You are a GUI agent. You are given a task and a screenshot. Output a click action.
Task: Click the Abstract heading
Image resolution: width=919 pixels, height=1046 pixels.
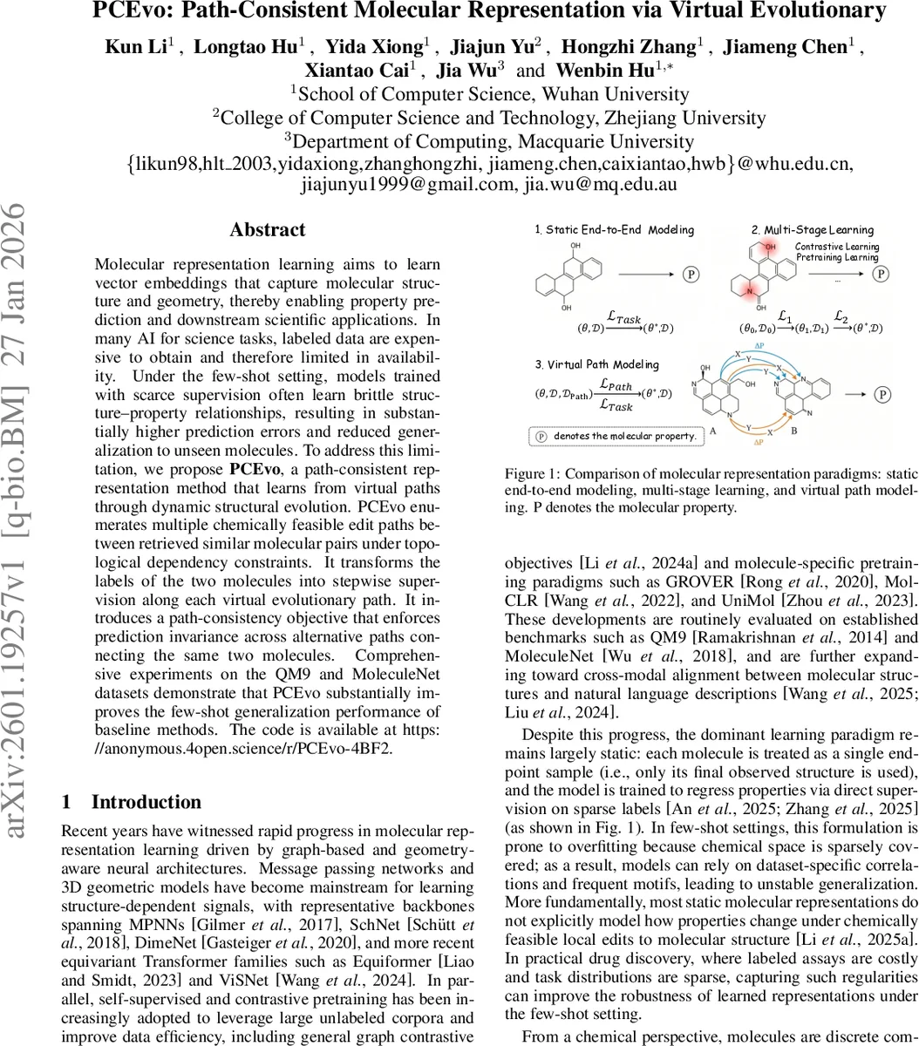click(267, 230)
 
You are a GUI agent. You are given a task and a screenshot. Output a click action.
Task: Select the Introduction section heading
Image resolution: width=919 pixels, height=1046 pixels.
click(146, 802)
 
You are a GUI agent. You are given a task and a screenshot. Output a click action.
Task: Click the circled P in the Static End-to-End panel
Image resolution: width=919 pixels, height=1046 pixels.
click(690, 274)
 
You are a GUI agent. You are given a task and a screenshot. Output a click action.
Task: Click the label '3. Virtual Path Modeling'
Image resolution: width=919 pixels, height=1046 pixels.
click(596, 364)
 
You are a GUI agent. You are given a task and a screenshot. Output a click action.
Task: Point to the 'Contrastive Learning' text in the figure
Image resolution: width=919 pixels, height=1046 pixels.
click(837, 247)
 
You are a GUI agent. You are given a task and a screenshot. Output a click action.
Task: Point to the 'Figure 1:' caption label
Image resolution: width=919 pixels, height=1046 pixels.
click(531, 474)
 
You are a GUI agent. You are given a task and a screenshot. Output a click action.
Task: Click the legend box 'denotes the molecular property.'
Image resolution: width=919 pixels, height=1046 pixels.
click(616, 435)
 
